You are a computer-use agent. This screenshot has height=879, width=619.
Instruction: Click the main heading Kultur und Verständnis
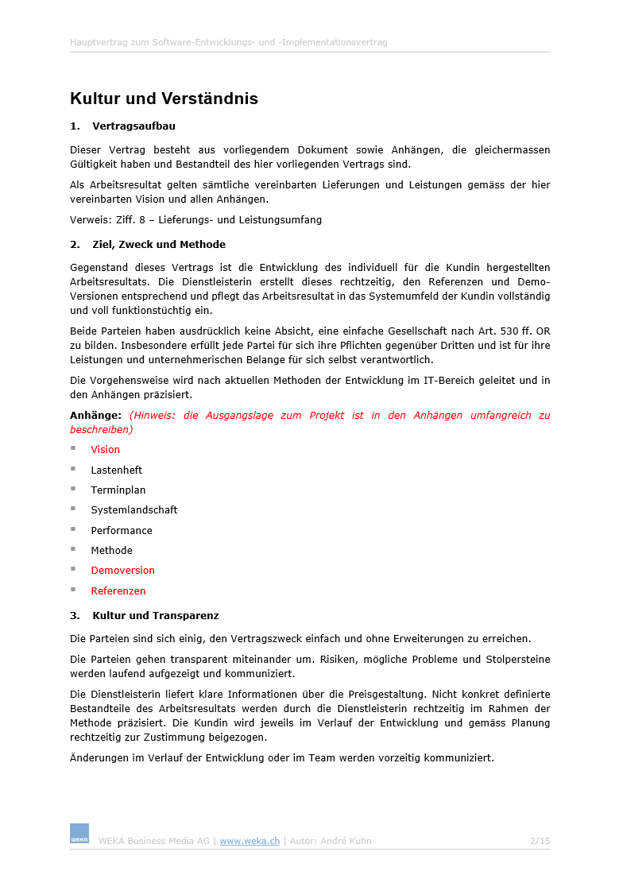[164, 99]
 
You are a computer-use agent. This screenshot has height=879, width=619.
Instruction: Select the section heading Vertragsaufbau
[133, 126]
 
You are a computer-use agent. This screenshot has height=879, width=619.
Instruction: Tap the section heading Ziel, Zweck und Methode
[159, 244]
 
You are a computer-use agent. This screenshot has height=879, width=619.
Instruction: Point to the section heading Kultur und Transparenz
[156, 615]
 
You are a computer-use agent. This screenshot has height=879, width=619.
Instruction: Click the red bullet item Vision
[105, 450]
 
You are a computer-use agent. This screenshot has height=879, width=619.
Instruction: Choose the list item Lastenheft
[116, 470]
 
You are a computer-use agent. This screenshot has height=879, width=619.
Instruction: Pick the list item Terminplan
[118, 490]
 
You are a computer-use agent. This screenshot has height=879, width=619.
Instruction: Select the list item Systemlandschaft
[133, 509]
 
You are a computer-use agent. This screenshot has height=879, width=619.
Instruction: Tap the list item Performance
[121, 530]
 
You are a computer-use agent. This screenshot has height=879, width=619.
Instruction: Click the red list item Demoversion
[122, 570]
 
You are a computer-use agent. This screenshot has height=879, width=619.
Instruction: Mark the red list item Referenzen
[118, 591]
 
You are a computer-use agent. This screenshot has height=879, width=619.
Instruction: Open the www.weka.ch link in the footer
[250, 841]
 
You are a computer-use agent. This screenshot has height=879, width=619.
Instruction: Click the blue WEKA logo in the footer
[79, 834]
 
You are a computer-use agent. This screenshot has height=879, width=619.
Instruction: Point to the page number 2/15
[540, 841]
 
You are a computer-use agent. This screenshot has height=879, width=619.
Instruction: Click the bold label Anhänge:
[95, 415]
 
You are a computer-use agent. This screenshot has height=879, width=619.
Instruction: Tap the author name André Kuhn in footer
[346, 841]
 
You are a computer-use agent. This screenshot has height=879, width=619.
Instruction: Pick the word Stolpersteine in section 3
[520, 659]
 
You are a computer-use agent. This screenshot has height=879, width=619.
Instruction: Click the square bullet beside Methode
[73, 549]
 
